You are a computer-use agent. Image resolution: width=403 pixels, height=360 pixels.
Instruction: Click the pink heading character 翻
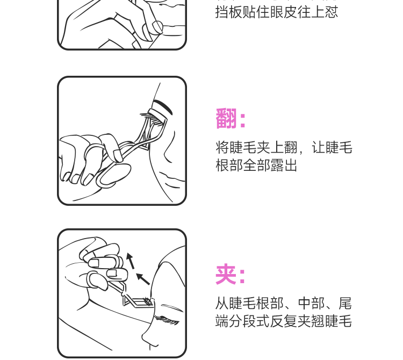click(226, 118)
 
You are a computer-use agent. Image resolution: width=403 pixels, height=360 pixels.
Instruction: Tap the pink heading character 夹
click(226, 274)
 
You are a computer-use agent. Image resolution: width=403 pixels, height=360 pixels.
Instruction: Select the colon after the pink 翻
click(242, 120)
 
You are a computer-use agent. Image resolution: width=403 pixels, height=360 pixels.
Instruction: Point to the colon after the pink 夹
click(242, 276)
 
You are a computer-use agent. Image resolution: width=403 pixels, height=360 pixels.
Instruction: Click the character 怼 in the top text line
click(332, 12)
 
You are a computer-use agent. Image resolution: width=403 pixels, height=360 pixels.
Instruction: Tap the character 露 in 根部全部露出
click(277, 165)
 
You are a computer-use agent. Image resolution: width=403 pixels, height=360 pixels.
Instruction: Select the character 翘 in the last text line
click(318, 321)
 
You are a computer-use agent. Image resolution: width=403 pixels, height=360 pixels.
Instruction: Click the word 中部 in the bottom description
click(311, 303)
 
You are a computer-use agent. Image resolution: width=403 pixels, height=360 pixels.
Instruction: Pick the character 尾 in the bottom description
click(345, 303)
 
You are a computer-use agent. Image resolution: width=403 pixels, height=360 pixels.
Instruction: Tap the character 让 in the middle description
click(318, 148)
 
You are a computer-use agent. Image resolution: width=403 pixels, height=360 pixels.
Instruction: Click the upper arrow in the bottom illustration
click(131, 261)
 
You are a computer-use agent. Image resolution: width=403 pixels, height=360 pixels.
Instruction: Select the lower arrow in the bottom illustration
click(142, 279)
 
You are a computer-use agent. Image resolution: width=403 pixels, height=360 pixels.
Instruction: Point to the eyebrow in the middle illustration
click(163, 106)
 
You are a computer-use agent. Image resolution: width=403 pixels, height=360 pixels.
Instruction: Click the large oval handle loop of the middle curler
click(113, 175)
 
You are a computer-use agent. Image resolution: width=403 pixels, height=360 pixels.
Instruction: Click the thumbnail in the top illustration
click(157, 26)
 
